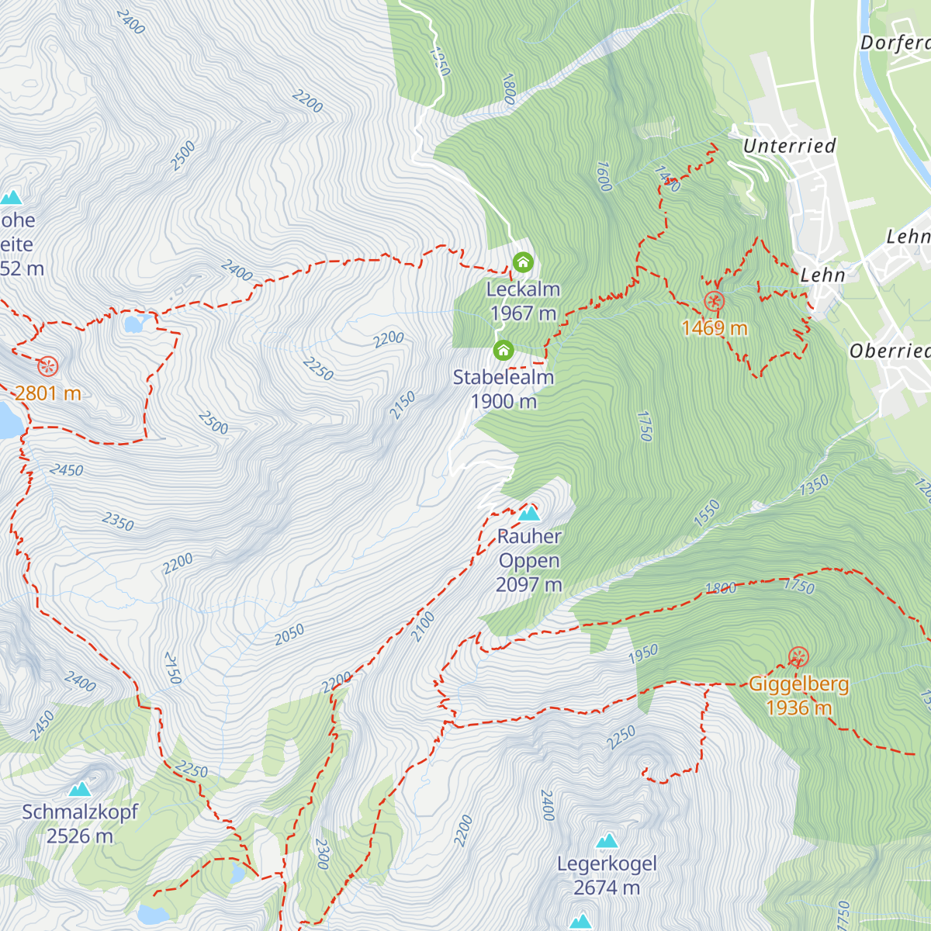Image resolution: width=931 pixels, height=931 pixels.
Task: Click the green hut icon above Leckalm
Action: [x=523, y=262]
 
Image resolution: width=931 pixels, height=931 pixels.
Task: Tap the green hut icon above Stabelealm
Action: [x=504, y=350]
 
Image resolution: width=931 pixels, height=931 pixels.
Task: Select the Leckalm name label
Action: [x=523, y=289]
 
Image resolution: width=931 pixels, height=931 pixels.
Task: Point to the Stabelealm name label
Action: [x=504, y=378]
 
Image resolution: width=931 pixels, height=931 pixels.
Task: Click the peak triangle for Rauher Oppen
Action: [x=529, y=514]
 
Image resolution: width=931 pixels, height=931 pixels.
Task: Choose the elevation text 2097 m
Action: [x=529, y=585]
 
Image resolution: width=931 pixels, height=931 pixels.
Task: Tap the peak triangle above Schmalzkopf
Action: [x=79, y=789]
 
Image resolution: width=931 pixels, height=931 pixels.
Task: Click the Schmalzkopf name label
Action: [x=80, y=812]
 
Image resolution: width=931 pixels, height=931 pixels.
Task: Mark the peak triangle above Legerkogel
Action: [x=607, y=841]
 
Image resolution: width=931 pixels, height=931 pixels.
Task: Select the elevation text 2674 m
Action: [x=607, y=888]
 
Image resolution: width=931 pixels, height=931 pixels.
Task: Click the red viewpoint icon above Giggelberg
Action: [x=798, y=658]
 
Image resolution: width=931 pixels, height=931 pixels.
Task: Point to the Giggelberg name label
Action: [x=798, y=684]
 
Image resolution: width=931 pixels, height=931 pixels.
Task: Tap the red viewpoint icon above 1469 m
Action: [x=714, y=302]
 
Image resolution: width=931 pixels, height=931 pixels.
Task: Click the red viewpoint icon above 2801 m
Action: [x=48, y=366]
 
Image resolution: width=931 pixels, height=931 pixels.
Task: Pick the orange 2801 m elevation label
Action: [x=48, y=393]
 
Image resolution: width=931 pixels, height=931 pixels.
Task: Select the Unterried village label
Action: [x=789, y=146]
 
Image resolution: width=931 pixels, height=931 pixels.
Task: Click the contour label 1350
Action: [x=814, y=486]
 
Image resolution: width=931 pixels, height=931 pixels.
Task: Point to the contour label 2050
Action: [x=289, y=635]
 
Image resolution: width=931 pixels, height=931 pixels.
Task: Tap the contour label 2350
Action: [x=118, y=521]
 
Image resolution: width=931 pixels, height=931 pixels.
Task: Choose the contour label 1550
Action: [x=707, y=514]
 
